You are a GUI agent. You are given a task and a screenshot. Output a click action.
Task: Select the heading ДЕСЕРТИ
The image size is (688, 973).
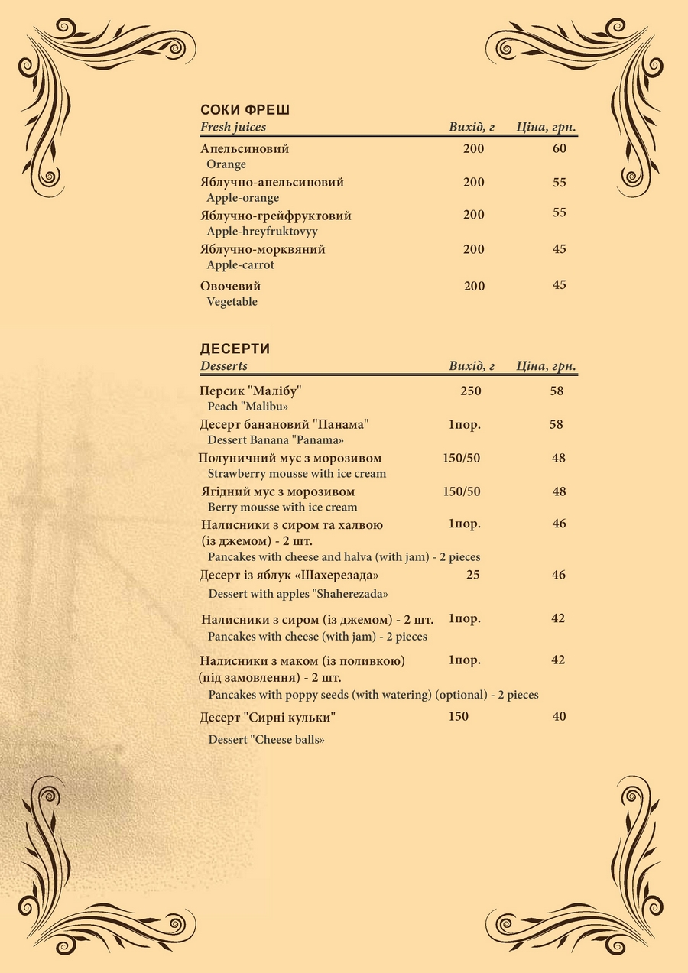(x=235, y=349)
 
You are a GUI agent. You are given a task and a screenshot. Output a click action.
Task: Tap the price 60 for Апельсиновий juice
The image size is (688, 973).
(x=560, y=148)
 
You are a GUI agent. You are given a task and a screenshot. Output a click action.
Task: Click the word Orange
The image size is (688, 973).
(x=226, y=164)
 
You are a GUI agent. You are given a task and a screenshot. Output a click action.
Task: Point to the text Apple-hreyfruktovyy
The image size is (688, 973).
(x=262, y=232)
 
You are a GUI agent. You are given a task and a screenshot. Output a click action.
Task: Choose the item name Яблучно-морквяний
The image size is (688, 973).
(x=263, y=250)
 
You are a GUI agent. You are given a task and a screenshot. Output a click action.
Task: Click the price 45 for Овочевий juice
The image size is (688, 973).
(x=560, y=285)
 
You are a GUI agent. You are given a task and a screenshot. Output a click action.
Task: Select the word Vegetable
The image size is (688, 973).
(x=232, y=302)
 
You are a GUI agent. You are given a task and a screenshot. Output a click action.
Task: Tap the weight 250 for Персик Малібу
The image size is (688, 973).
(x=471, y=391)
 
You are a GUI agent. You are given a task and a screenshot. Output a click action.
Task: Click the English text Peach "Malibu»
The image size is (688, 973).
(x=248, y=407)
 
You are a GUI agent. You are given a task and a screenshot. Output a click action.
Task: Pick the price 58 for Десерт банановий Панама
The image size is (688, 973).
(x=557, y=424)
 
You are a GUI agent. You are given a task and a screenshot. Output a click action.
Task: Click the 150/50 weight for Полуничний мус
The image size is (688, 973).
(x=462, y=458)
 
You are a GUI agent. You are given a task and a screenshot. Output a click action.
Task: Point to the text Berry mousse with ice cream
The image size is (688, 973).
(x=282, y=507)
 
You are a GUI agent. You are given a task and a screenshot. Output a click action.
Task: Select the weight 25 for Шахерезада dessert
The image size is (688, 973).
(x=473, y=574)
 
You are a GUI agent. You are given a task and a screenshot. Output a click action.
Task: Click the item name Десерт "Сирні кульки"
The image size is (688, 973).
(x=268, y=718)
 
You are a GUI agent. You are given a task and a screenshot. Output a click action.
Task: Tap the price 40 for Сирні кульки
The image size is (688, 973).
(x=560, y=716)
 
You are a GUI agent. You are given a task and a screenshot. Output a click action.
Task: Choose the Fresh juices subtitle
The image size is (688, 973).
(x=233, y=127)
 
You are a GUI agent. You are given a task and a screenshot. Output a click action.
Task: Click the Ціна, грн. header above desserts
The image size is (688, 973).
(x=546, y=366)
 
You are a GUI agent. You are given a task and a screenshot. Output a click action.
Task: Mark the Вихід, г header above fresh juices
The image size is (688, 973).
(x=472, y=127)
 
